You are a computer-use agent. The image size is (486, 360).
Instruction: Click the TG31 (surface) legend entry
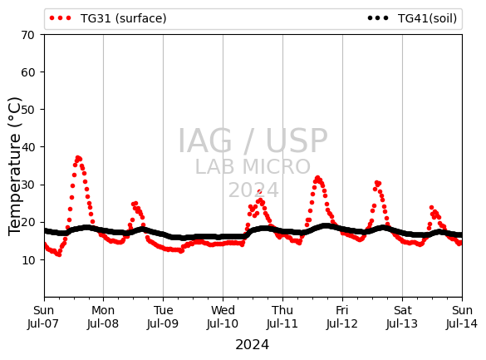[108, 18]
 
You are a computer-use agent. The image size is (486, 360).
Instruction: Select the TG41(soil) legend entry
[412, 18]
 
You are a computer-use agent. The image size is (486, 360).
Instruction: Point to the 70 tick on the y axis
[27, 35]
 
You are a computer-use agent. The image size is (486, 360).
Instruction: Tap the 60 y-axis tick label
[27, 72]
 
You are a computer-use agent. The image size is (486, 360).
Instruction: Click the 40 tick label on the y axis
[27, 147]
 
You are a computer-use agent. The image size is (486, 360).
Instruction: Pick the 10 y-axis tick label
[27, 260]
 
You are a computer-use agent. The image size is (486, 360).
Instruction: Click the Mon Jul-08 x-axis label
[103, 317]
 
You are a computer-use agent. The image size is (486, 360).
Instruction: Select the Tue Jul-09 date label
[163, 317]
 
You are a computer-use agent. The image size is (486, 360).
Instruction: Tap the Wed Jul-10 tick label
[223, 317]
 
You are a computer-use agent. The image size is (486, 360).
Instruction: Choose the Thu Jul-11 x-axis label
[282, 317]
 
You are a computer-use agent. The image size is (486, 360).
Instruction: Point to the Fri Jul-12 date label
[342, 317]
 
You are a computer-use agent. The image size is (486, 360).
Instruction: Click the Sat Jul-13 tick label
[402, 317]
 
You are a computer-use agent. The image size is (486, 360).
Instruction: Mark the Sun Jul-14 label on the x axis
[462, 317]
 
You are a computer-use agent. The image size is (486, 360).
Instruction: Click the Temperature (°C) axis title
[15, 166]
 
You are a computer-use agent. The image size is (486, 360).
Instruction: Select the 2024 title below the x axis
[253, 345]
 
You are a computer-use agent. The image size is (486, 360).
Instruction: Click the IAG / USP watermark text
[253, 141]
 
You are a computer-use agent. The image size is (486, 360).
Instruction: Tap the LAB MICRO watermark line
[253, 167]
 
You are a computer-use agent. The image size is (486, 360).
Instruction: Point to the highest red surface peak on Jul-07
[78, 158]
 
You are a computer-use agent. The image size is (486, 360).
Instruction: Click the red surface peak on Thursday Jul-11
[317, 178]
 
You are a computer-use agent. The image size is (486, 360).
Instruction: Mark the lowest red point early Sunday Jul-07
[59, 254]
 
